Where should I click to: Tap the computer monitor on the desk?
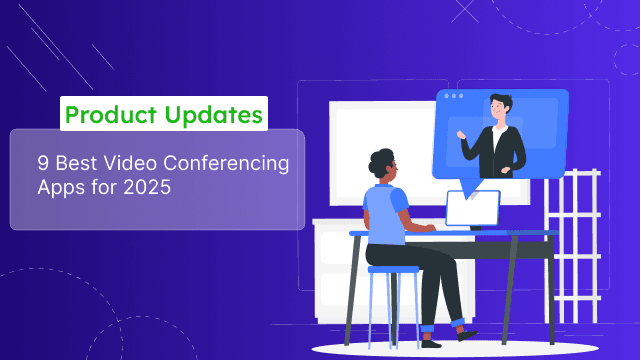pos(472,208)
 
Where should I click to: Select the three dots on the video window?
pos(455,96)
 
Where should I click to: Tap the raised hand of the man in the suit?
pos(461,132)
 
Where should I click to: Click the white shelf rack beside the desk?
pos(580,240)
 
